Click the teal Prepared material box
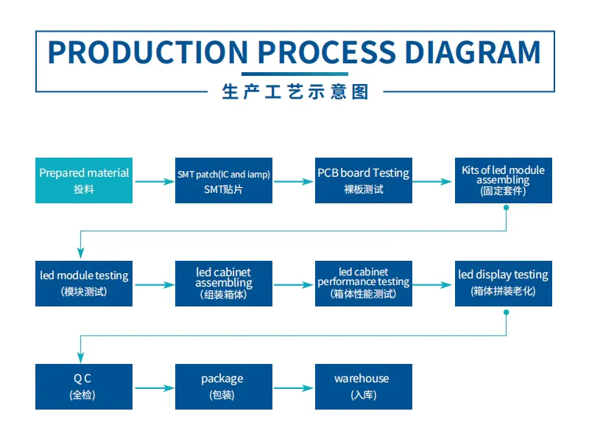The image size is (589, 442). pyautogui.click(x=84, y=180)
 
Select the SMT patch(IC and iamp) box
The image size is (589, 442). pyautogui.click(x=224, y=180)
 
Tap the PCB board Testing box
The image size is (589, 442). pyautogui.click(x=364, y=180)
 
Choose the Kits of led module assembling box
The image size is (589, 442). pyautogui.click(x=504, y=180)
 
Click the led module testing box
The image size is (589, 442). pyautogui.click(x=84, y=284)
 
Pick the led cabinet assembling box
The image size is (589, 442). pyautogui.click(x=224, y=284)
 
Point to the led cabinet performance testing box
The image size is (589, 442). pyautogui.click(x=364, y=284)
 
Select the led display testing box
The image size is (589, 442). pyautogui.click(x=504, y=284)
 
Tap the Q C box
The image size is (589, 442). pyautogui.click(x=84, y=386)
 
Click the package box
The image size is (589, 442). pyautogui.click(x=224, y=386)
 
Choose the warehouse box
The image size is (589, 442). pyautogui.click(x=364, y=386)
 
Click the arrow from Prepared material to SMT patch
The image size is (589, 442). pyautogui.click(x=155, y=182)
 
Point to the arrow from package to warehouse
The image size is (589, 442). pyautogui.click(x=293, y=388)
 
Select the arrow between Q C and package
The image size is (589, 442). pyautogui.click(x=155, y=388)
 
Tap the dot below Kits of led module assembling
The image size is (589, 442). pyautogui.click(x=507, y=208)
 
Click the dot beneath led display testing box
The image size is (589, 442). pyautogui.click(x=507, y=312)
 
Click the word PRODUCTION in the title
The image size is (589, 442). pyautogui.click(x=148, y=52)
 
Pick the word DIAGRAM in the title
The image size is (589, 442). pyautogui.click(x=473, y=52)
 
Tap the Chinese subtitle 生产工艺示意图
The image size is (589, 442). pyautogui.click(x=295, y=91)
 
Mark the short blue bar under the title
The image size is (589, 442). pyautogui.click(x=295, y=74)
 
